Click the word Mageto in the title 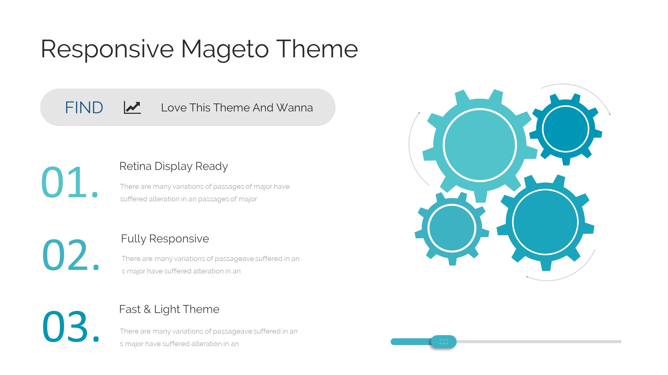[x=225, y=49]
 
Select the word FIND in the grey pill [x=84, y=108]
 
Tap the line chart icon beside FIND [x=132, y=108]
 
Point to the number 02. [x=71, y=254]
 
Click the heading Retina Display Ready [x=174, y=166]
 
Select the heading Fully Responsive [x=165, y=239]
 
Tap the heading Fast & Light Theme [x=169, y=309]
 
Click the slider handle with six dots [x=444, y=342]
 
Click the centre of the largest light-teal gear [x=480, y=145]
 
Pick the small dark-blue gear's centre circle [x=566, y=129]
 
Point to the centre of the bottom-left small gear [x=452, y=228]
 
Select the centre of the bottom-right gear [x=545, y=222]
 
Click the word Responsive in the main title [x=108, y=49]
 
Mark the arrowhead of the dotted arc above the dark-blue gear [x=610, y=114]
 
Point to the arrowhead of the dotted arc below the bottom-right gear [x=527, y=277]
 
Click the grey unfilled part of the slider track [x=539, y=342]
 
